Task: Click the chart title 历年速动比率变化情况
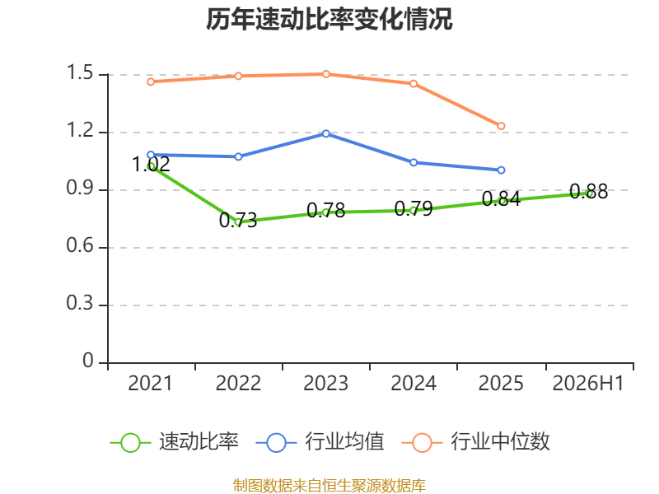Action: pos(329,19)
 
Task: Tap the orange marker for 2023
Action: pos(325,74)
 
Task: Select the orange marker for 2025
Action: pos(501,126)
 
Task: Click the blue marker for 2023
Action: pos(325,133)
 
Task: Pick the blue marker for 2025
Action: pos(501,170)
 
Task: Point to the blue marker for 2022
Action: pos(238,156)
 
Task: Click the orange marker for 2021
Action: pos(151,82)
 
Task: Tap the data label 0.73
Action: pos(238,220)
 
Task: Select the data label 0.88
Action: pos(588,192)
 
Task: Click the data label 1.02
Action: pos(151,164)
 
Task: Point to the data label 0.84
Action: pos(501,199)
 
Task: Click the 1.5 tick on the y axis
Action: pos(80,72)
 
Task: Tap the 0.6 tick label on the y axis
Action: pos(80,245)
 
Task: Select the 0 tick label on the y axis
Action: pos(88,361)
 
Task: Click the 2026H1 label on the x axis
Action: pos(588,384)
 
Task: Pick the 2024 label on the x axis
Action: pos(414,384)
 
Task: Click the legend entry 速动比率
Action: pos(175,442)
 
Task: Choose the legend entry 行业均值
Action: pos(320,442)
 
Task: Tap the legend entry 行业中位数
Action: pos(475,442)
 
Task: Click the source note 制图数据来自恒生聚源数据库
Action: pos(329,486)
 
